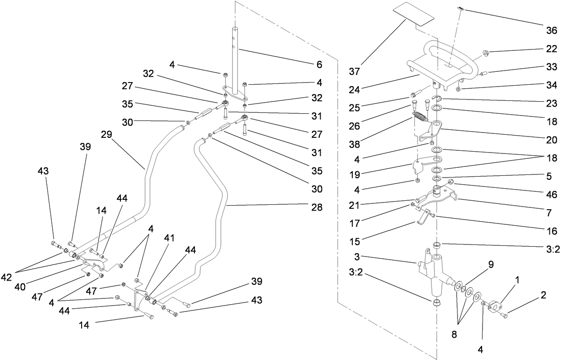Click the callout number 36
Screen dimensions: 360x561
point(552,30)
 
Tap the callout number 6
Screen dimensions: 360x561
point(318,65)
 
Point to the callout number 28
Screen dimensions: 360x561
point(317,207)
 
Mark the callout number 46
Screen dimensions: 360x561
point(552,195)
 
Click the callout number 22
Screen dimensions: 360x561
point(552,49)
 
